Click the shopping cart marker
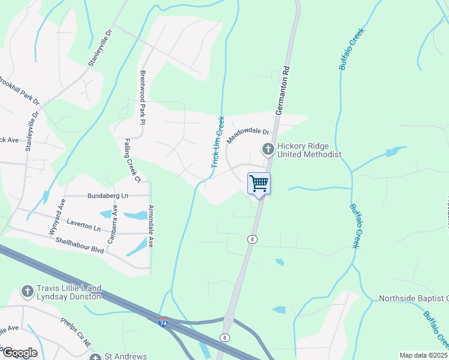[x=259, y=184]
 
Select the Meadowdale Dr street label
[x=249, y=135]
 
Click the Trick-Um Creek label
[x=217, y=142]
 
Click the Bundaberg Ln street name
[x=108, y=196]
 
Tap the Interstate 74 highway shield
[x=163, y=323]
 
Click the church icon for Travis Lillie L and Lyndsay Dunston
[x=26, y=292]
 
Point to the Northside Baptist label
[x=413, y=298]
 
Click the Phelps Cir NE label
[x=76, y=330]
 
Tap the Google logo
[x=19, y=353]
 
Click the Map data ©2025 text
[x=423, y=355]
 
